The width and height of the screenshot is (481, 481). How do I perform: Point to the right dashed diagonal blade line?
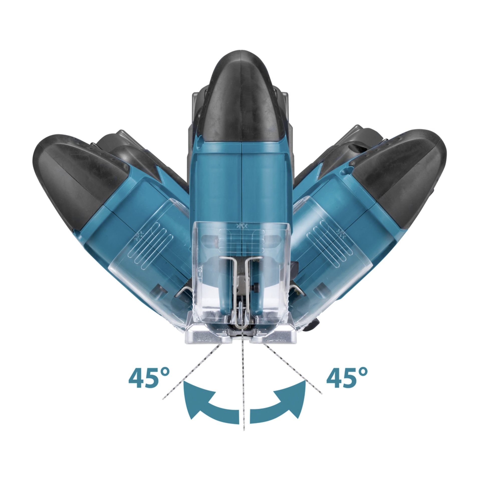(293, 376)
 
